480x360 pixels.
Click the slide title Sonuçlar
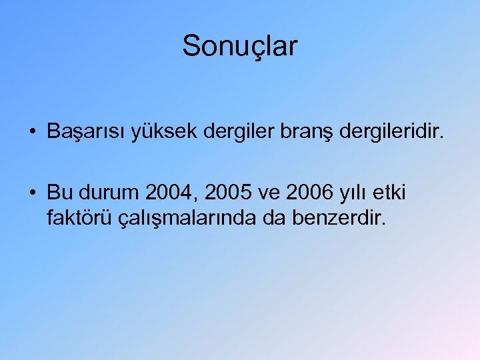[240, 47]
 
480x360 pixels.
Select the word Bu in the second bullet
[59, 193]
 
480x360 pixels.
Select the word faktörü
[77, 217]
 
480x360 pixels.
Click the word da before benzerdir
[263, 217]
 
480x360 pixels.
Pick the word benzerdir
[338, 217]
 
